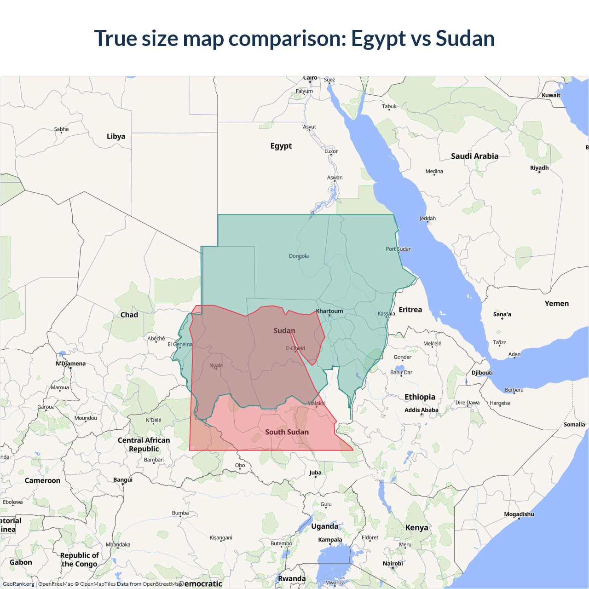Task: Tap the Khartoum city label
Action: tap(329, 311)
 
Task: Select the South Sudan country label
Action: tap(287, 432)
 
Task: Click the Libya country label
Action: tap(116, 137)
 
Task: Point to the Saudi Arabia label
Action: tap(474, 156)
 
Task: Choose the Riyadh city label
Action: tap(539, 168)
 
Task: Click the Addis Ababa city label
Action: tap(421, 410)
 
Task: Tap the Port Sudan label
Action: tap(398, 249)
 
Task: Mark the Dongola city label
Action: tap(299, 256)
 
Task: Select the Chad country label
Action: tap(129, 315)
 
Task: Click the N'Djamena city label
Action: tap(70, 364)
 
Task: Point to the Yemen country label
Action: tap(556, 304)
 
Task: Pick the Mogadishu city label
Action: tap(519, 514)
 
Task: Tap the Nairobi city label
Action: tap(393, 564)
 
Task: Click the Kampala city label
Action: tap(330, 540)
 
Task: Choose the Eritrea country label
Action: tap(410, 310)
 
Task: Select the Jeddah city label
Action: tap(427, 219)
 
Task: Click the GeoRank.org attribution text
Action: tap(18, 584)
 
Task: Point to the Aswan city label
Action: tap(335, 178)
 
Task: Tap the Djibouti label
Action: tap(482, 373)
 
